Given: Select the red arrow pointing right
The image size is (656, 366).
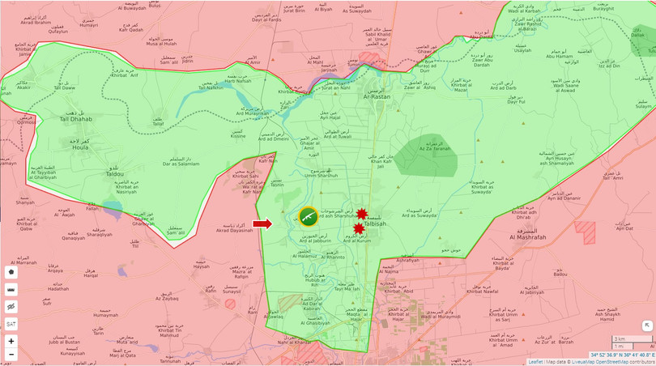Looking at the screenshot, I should [262, 224].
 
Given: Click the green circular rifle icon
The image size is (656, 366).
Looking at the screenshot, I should [308, 216].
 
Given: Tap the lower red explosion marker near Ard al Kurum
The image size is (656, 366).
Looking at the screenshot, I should [358, 229].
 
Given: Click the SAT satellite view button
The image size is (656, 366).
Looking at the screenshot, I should [11, 324].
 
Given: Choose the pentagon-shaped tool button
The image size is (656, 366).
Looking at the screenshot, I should [11, 272].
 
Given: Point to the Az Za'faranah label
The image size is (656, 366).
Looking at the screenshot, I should [434, 149].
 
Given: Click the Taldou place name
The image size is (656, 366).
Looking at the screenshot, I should [114, 173].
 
